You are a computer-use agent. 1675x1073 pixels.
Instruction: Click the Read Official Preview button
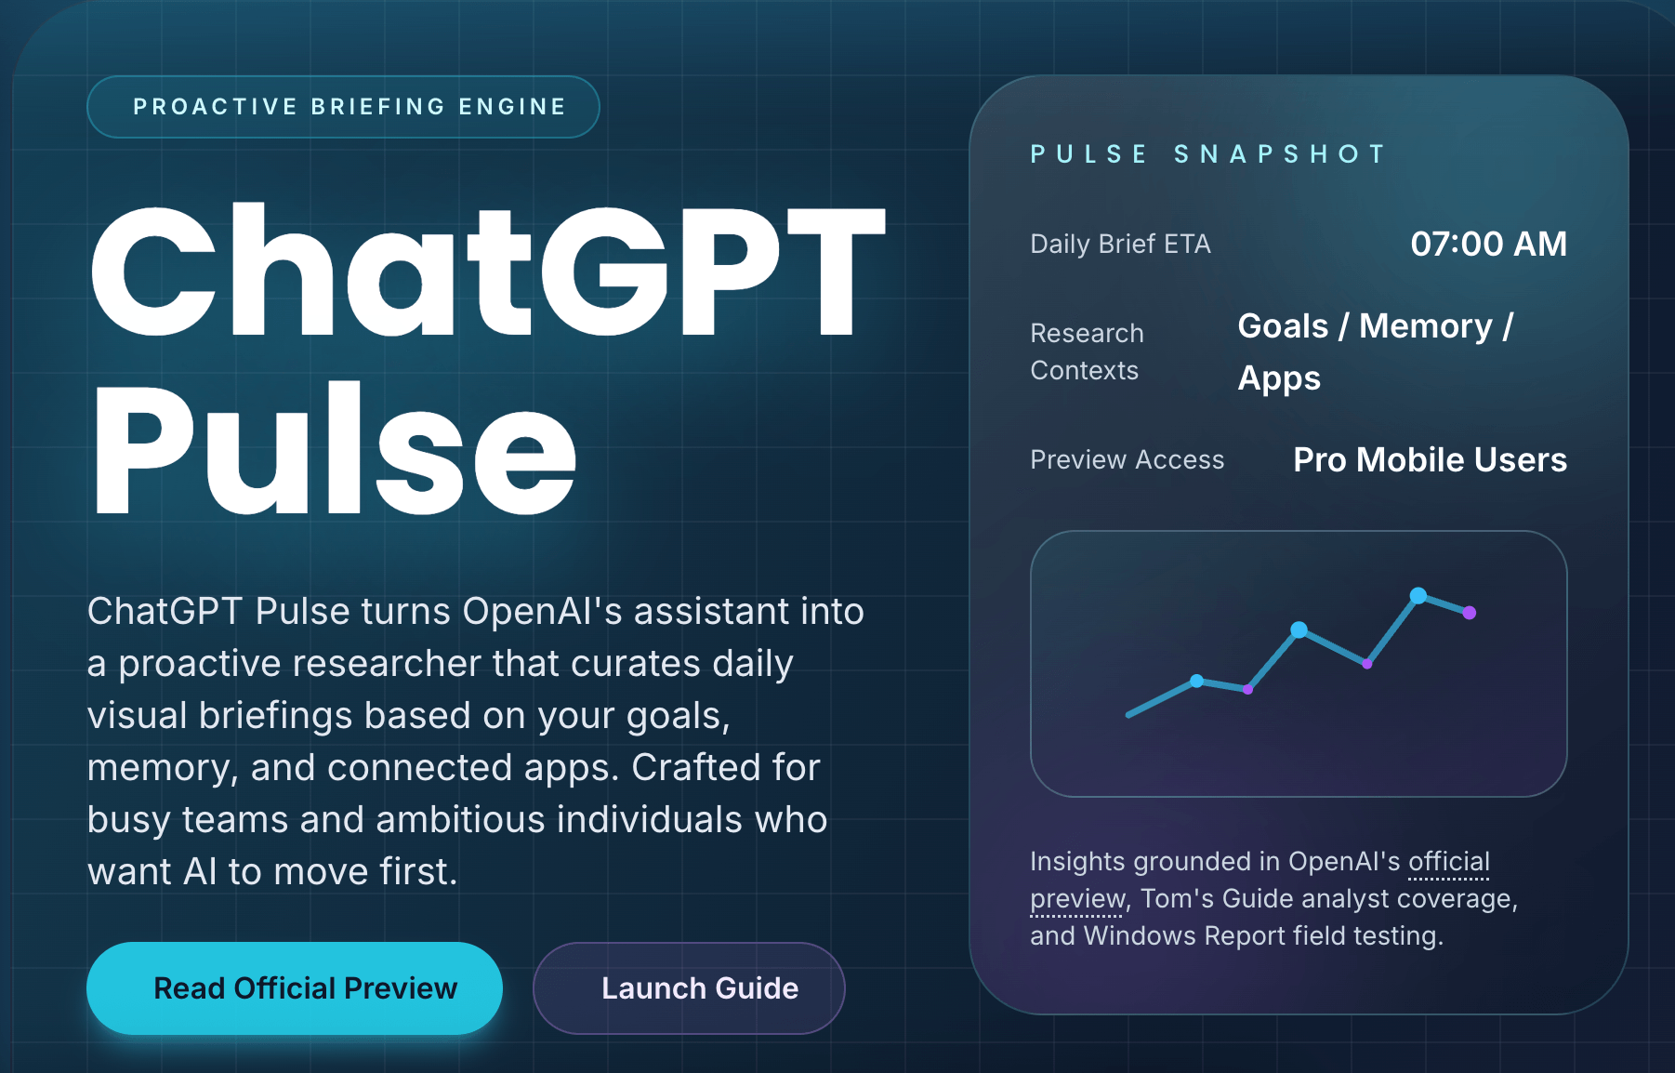pyautogui.click(x=295, y=987)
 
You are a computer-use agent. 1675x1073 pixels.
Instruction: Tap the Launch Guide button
pyautogui.click(x=689, y=987)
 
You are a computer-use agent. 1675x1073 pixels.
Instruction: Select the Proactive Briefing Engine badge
pyautogui.click(x=343, y=107)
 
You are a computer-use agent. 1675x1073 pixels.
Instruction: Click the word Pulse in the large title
pyautogui.click(x=335, y=449)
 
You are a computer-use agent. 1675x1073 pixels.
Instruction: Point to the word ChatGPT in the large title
pyautogui.click(x=487, y=270)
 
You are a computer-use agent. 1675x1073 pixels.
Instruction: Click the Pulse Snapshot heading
pyautogui.click(x=1207, y=153)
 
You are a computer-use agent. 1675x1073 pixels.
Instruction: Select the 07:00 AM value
pyautogui.click(x=1488, y=244)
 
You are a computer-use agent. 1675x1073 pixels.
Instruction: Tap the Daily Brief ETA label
pyautogui.click(x=1120, y=244)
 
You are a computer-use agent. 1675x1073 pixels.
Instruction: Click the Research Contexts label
pyautogui.click(x=1087, y=351)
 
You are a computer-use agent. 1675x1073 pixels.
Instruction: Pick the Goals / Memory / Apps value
pyautogui.click(x=1376, y=351)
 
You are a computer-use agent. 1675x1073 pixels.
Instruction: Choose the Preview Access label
pyautogui.click(x=1127, y=459)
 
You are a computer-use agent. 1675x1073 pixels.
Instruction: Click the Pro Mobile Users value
pyautogui.click(x=1430, y=459)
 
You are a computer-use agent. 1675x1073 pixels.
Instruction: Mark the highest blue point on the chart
pyautogui.click(x=1418, y=595)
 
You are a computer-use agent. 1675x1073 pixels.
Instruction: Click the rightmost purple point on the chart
pyautogui.click(x=1470, y=613)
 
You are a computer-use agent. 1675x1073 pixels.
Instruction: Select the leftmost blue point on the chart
pyautogui.click(x=1197, y=681)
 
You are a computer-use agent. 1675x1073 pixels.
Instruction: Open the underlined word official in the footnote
pyautogui.click(x=1449, y=861)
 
